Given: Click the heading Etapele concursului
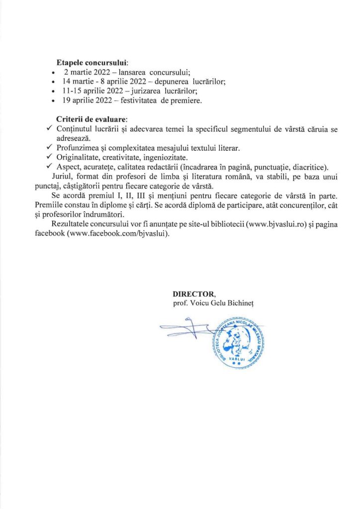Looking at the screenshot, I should click(92, 63).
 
